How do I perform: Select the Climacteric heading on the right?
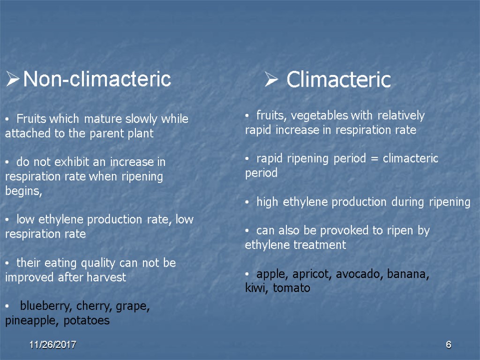338,80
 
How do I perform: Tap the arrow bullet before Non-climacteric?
13,79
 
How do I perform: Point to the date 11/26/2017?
52,345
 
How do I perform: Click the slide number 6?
448,345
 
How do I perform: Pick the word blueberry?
45,307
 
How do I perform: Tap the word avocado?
360,275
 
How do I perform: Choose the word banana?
408,275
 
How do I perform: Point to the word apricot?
312,275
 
